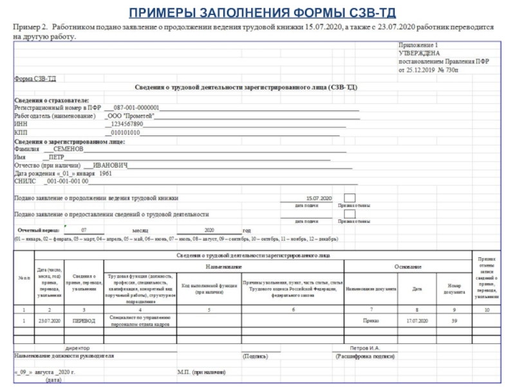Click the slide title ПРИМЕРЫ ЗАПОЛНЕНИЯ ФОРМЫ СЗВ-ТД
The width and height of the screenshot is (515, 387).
click(x=257, y=12)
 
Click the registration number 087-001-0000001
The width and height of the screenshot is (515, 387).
click(x=136, y=108)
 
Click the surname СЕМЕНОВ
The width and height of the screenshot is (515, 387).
click(x=68, y=148)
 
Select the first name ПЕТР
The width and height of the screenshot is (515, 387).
click(x=56, y=157)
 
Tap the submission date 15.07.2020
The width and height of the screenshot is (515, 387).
click(x=319, y=198)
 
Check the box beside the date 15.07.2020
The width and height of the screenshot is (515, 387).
click(x=349, y=198)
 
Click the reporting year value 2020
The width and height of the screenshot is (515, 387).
click(x=209, y=230)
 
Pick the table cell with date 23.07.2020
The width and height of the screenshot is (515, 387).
click(x=49, y=320)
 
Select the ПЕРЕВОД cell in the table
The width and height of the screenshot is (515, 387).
click(x=84, y=320)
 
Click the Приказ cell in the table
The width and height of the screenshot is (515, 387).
click(x=370, y=320)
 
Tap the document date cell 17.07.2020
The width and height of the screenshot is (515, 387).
click(x=417, y=320)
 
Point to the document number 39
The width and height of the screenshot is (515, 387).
click(x=454, y=320)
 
